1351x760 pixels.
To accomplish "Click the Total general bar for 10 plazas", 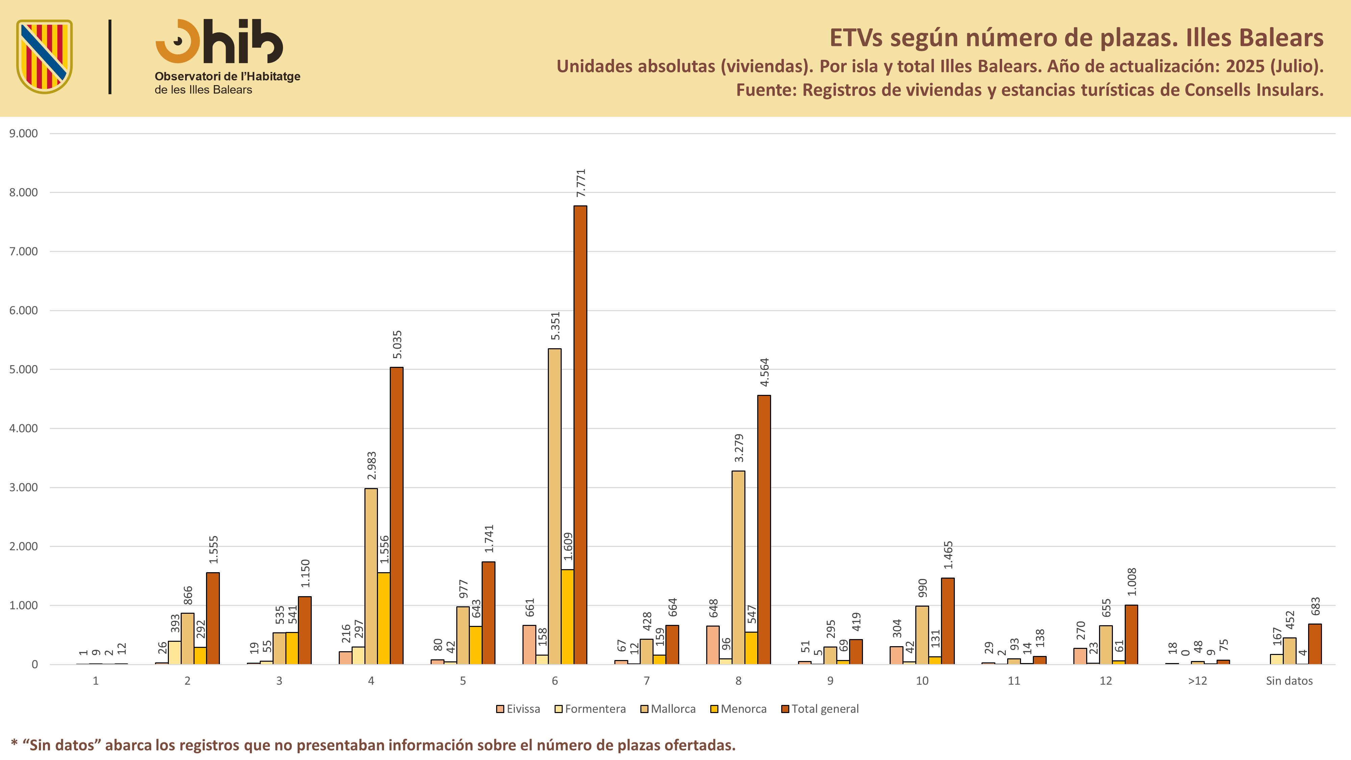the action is (x=948, y=621).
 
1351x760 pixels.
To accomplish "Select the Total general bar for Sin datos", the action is (x=1315, y=644).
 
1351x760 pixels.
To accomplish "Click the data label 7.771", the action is (x=581, y=183).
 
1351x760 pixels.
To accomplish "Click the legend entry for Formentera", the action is (x=590, y=709).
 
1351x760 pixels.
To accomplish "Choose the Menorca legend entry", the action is (x=738, y=709).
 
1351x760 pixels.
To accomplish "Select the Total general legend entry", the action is (x=820, y=709).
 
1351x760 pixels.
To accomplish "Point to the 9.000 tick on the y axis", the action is (x=24, y=133).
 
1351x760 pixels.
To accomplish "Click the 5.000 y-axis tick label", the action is (x=24, y=369).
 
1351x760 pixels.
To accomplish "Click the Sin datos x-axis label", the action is (x=1289, y=681).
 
